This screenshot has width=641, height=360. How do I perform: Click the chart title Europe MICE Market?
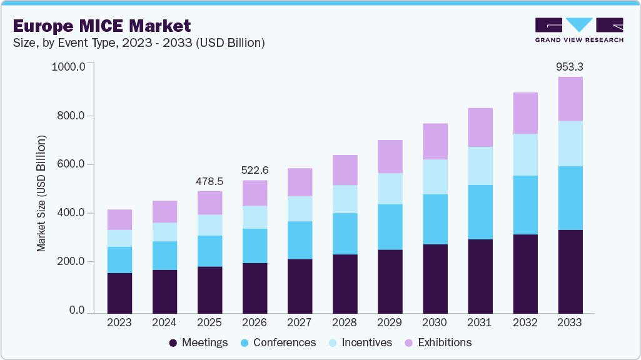[101, 26]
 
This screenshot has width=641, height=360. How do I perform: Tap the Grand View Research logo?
[579, 29]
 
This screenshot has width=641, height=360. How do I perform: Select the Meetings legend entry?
[198, 342]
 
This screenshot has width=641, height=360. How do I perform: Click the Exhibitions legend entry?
[437, 342]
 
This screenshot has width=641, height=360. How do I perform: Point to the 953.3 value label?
[570, 66]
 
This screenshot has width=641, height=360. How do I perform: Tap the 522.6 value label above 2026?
[255, 170]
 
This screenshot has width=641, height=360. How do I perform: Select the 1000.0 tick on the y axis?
[68, 66]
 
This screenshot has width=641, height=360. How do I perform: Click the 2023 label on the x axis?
[119, 322]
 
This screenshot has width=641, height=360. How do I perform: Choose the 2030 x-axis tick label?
[435, 322]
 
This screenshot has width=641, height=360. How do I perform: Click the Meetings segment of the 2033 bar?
[570, 271]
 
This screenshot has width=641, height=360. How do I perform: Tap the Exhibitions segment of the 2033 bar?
[570, 99]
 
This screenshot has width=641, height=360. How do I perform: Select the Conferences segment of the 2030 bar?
[435, 219]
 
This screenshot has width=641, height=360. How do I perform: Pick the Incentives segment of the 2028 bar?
[345, 199]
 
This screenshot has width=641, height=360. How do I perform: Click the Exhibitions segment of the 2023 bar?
[119, 219]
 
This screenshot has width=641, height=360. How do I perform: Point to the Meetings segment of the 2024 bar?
[164, 291]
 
